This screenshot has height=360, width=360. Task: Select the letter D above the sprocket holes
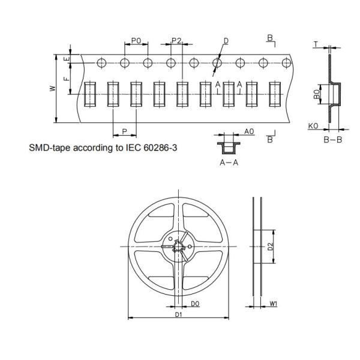pos(226,41)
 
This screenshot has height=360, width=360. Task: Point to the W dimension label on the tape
pos(52,89)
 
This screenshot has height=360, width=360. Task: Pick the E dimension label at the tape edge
pos(67,59)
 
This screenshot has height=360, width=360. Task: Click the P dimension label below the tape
pos(124,131)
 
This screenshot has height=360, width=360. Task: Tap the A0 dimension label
pos(250,131)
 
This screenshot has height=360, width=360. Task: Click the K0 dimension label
pos(312,127)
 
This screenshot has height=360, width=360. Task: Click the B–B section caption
pos(332,140)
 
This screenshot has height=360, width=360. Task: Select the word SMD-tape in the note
pos(49,146)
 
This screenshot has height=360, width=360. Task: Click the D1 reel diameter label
pos(178,314)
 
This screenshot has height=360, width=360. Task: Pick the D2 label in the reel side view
pos(271,246)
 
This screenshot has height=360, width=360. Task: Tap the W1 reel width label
pos(274,305)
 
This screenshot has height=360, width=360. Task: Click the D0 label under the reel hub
pos(195,305)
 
